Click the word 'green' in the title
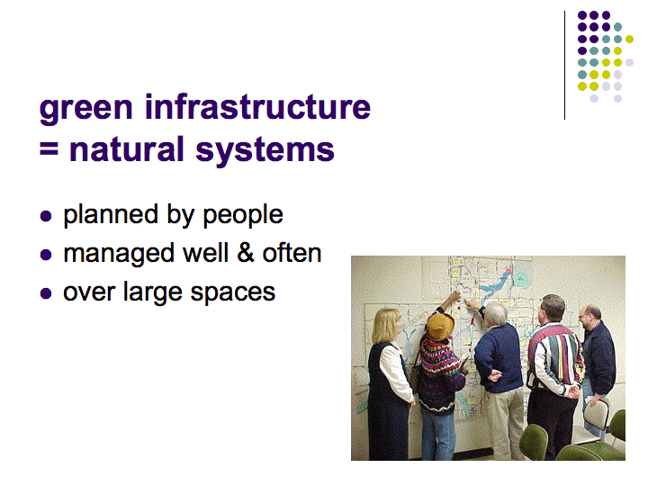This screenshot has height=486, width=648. coord(86,109)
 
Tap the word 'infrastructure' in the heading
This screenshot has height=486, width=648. coord(257,106)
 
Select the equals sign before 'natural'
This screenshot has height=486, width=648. coord(49,148)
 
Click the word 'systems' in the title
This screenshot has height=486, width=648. coord(265,151)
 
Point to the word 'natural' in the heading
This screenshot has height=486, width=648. coord(127,148)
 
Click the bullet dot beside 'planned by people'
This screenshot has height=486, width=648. coord(46,216)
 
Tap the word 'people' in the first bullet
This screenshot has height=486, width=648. coord(243,215)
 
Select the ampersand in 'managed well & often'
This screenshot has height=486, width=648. coord(246,253)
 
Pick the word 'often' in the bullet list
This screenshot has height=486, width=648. coord(292,253)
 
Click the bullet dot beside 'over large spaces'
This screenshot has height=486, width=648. coord(46,293)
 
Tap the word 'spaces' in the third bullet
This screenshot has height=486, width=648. coord(233,293)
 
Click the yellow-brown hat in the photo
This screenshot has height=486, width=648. coord(440,326)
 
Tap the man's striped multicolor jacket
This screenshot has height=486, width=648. coord(555,358)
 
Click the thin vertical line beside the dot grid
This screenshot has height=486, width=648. coord(564,66)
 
